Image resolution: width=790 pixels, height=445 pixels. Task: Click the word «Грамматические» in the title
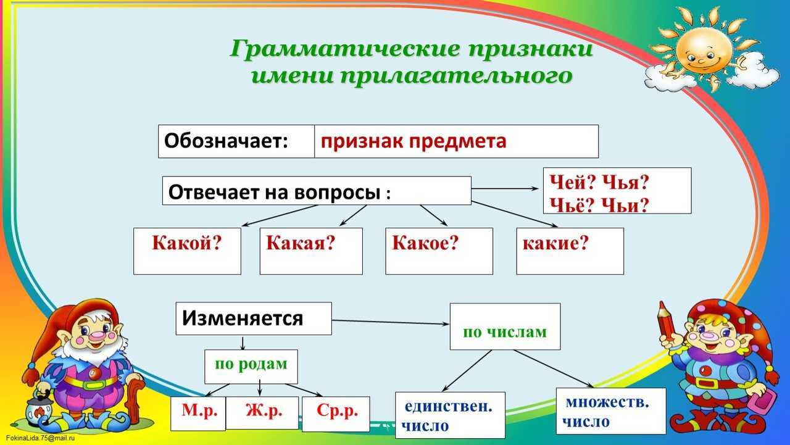coord(345,49)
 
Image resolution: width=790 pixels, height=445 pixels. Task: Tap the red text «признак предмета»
coord(414,142)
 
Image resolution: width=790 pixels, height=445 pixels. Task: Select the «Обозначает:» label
coord(226,141)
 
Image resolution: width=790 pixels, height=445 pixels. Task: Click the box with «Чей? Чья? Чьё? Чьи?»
coord(617,191)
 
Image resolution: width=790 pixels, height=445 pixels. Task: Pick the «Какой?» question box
coord(187,251)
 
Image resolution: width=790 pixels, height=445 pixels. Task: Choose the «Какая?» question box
coord(311,251)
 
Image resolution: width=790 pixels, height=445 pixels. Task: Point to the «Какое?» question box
coord(439,251)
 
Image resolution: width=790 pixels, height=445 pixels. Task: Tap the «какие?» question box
coord(570,251)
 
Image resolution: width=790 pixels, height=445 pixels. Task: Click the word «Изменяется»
coord(243,318)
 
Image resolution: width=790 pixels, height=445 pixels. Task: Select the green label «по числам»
coord(505,332)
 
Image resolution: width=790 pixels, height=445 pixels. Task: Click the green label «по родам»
coord(251,364)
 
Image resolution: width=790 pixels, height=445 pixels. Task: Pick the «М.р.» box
coord(198,414)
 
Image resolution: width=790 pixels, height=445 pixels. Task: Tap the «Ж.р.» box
coord(262,413)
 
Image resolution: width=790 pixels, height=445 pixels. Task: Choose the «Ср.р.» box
coord(336,414)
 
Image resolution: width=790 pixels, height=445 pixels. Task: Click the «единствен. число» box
coord(450,415)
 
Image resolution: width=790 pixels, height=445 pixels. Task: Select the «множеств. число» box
coord(611,411)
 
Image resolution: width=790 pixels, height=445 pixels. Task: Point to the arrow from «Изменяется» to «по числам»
coord(391,322)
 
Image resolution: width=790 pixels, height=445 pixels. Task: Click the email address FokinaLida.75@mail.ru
coord(40,438)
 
